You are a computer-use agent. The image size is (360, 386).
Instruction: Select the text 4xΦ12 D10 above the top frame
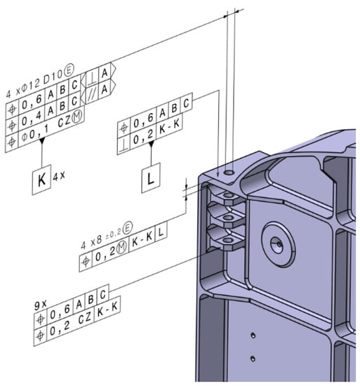[x=35, y=71]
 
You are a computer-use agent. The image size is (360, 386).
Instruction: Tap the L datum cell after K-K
[x=159, y=260]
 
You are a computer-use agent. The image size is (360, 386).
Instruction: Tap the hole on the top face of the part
[x=229, y=172]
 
